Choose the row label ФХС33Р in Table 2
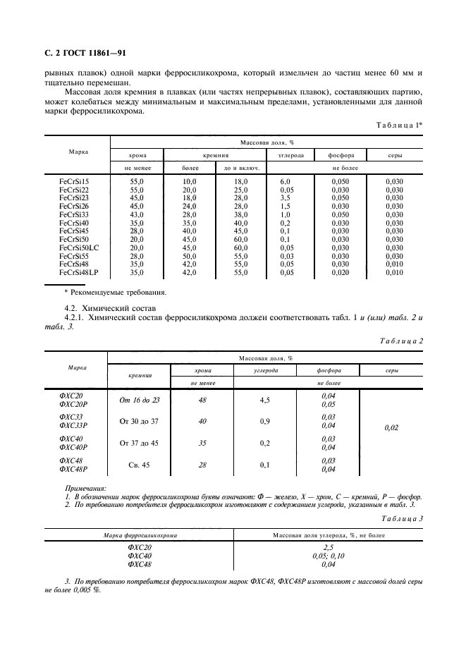(x=73, y=425)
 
